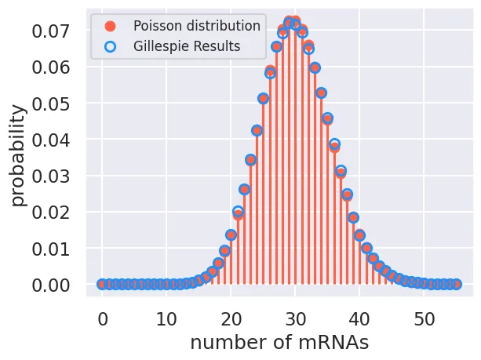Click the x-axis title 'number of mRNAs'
coord(279,343)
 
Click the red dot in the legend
coord(110,26)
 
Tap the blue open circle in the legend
coord(110,46)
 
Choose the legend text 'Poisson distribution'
coord(196,26)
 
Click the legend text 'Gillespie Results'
coord(187,46)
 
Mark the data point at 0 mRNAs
coord(102,284)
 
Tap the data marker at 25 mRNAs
coord(263,98)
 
